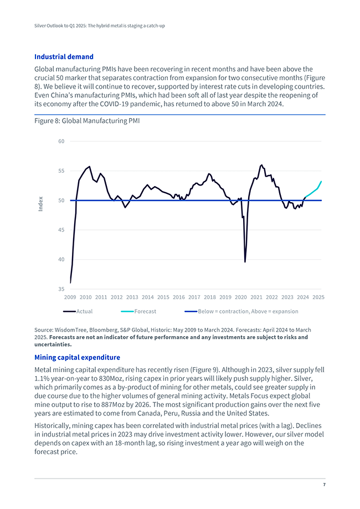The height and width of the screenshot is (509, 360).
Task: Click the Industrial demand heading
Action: (64, 56)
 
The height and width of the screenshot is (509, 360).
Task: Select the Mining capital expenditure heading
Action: (77, 357)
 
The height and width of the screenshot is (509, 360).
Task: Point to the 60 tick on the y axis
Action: (61, 141)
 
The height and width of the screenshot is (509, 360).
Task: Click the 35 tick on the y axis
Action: (61, 289)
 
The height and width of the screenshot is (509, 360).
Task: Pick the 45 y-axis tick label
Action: (61, 230)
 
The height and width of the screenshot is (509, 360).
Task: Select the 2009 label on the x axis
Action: (70, 297)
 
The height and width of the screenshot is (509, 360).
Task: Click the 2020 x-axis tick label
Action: (241, 297)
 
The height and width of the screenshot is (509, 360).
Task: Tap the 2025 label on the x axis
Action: (318, 297)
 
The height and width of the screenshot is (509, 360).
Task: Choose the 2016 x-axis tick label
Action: (179, 297)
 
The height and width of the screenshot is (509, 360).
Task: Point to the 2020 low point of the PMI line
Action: (245, 261)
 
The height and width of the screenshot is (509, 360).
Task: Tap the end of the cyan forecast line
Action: (321, 182)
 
